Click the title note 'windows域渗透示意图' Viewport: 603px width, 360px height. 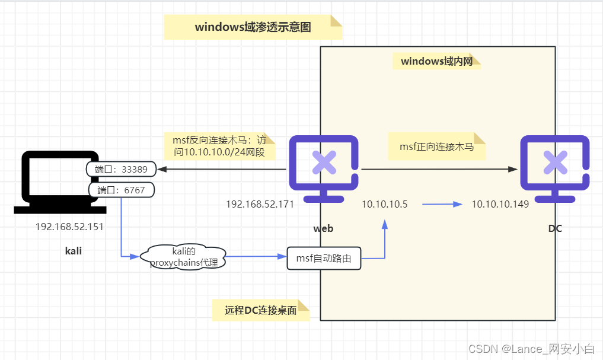pyautogui.click(x=253, y=27)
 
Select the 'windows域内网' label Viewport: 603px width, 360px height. pyautogui.click(x=436, y=61)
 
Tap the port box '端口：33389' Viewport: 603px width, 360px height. pyautogui.click(x=122, y=169)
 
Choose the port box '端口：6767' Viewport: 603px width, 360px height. pyautogui.click(x=122, y=190)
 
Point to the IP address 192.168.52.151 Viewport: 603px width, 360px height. pyautogui.click(x=69, y=227)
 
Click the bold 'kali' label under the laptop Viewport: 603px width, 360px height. pyautogui.click(x=74, y=251)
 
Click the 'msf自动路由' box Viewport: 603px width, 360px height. pyautogui.click(x=324, y=258)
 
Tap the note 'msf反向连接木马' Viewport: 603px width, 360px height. pyautogui.click(x=219, y=146)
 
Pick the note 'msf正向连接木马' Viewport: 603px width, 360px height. pyautogui.click(x=436, y=146)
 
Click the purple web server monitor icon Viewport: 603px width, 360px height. pyautogui.click(x=324, y=168)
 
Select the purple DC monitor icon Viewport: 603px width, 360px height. pyautogui.click(x=554, y=168)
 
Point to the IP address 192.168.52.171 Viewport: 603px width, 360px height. pyautogui.click(x=260, y=204)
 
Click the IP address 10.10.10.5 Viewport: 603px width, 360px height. pyautogui.click(x=385, y=204)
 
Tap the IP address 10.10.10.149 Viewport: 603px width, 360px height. pyautogui.click(x=500, y=204)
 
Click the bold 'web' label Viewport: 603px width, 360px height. pyautogui.click(x=323, y=228)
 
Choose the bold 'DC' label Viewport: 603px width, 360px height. pyautogui.click(x=554, y=228)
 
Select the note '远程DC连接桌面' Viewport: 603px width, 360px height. pyautogui.click(x=261, y=310)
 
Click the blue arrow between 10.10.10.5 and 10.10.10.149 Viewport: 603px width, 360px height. pyautogui.click(x=442, y=204)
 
